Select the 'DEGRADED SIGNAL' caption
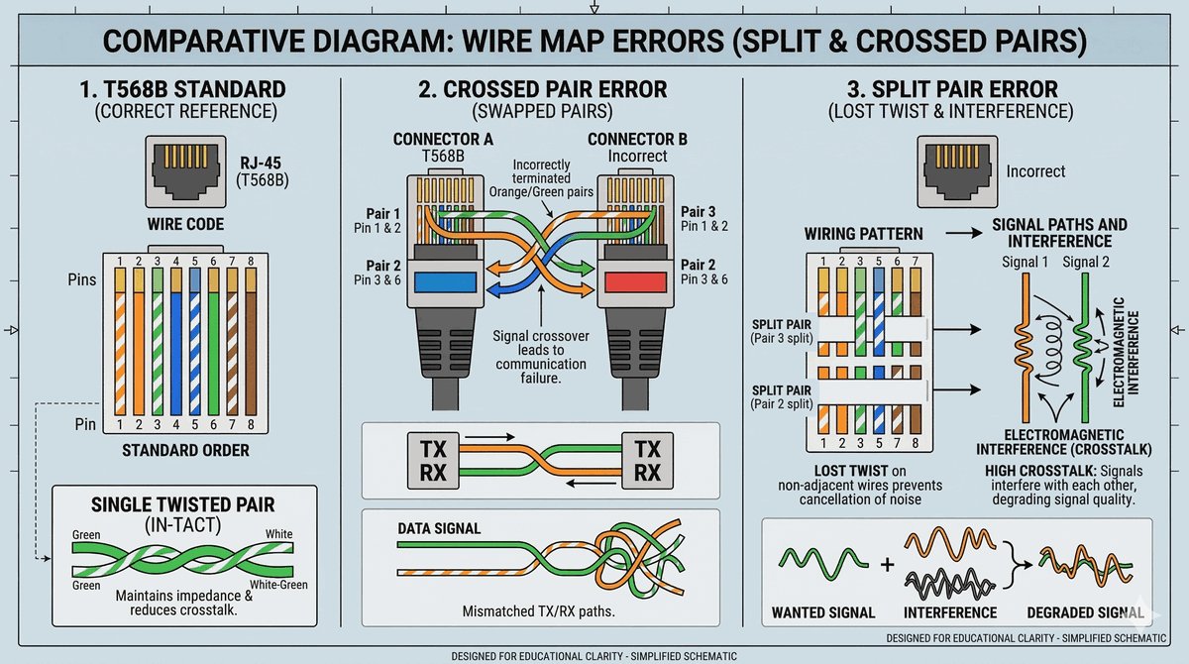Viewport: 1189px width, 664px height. [x=1083, y=612]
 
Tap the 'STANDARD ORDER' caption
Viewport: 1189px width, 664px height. [x=185, y=450]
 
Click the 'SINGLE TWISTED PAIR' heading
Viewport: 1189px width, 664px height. [x=183, y=504]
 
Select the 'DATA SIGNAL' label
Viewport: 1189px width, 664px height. [x=439, y=529]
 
